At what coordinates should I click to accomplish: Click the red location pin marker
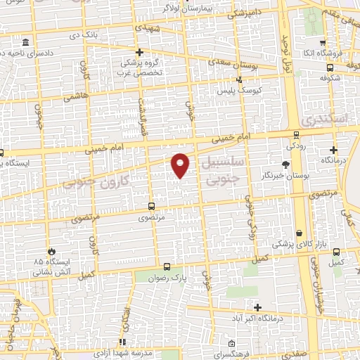(x=181, y=164)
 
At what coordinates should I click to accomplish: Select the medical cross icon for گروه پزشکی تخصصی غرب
(x=139, y=52)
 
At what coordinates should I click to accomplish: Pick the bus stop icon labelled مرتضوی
(x=150, y=207)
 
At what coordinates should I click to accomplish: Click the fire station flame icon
(x=51, y=251)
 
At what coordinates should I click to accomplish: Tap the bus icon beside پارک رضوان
(x=167, y=266)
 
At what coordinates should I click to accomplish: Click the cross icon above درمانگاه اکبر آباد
(x=258, y=307)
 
